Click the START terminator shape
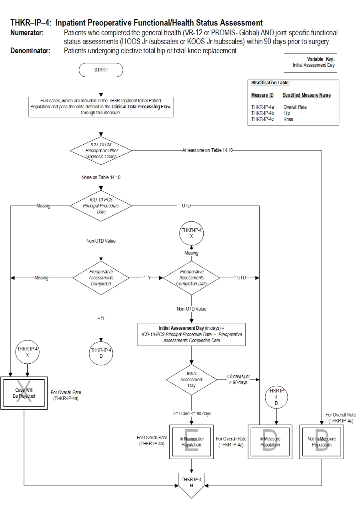(x=101, y=70)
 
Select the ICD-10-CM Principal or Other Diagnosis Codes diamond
(x=101, y=151)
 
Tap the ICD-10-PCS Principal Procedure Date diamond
(x=101, y=206)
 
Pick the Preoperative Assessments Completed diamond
(x=101, y=278)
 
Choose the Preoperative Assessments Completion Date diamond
(x=192, y=278)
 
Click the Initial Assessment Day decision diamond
(x=192, y=380)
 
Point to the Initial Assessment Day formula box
(x=192, y=335)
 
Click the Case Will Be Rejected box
(x=24, y=393)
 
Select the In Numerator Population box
(x=192, y=442)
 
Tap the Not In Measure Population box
(x=322, y=442)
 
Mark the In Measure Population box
(x=270, y=442)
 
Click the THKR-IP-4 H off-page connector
(x=192, y=484)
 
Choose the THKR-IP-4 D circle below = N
(x=101, y=353)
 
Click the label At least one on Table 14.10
(x=207, y=151)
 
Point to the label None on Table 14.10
(x=101, y=177)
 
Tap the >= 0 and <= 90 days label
(x=192, y=414)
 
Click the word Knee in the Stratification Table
(x=288, y=119)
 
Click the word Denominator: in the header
(x=30, y=51)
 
